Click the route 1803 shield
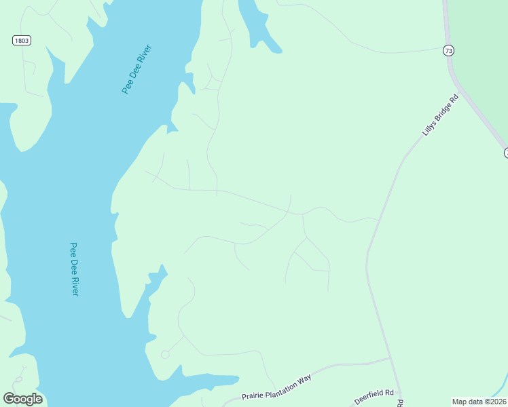coord(22,41)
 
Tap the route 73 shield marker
coord(448,50)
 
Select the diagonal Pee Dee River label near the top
coord(136,69)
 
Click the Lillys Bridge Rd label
coord(441,115)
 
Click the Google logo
coord(22,399)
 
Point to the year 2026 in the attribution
coord(496,402)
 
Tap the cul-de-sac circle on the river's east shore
coord(165,355)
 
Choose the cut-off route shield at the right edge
coord(505,153)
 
